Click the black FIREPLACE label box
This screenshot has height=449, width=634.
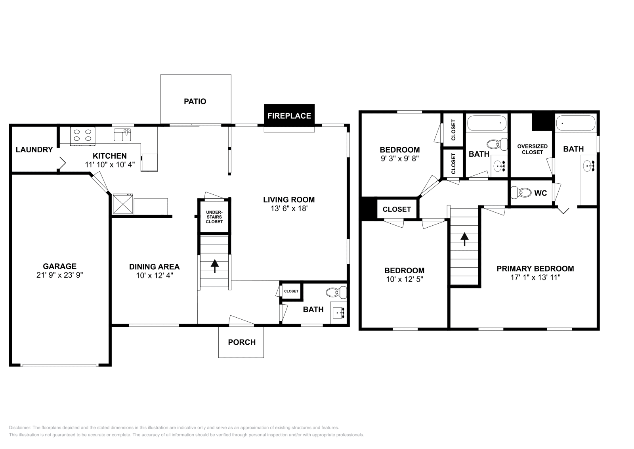289,116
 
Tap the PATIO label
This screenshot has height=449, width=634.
195,102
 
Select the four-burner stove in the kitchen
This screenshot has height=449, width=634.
83,135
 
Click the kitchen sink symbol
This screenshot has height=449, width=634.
122,135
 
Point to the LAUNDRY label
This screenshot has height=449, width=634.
34,150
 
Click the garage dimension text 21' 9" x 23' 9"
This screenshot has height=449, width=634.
60,275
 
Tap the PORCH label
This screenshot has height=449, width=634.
242,342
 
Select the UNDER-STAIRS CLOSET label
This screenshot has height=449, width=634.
214,217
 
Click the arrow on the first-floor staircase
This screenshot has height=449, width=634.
214,266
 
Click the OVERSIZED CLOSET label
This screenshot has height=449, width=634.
532,149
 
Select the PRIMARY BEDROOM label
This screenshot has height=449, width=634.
535,269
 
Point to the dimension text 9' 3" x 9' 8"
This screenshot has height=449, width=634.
399,158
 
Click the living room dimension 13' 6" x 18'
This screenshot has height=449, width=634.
289,208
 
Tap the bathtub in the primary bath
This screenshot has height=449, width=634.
576,123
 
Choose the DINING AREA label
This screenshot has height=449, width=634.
154,267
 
